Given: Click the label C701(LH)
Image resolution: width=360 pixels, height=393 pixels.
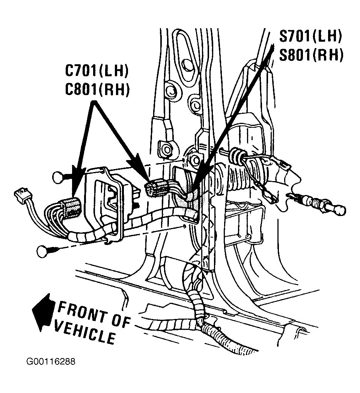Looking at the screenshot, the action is pos(96,71).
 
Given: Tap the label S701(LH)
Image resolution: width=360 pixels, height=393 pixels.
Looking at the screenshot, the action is pos(310,36).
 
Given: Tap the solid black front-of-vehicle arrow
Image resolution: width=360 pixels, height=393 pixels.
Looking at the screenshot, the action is pos(43,312).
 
